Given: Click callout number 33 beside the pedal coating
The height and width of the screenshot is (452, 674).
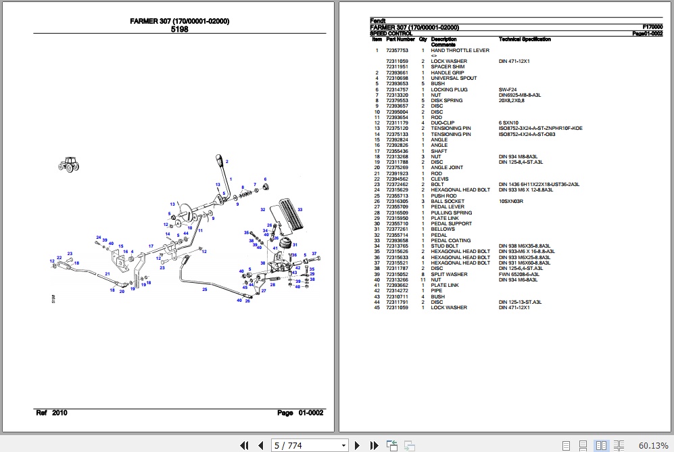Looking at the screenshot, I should tap(299, 210).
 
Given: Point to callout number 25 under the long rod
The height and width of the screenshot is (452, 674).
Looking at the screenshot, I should tap(204, 290).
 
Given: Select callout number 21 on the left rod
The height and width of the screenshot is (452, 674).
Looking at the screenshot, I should tap(107, 274).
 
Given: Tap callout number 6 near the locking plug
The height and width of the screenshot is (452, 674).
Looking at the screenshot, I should tap(265, 179).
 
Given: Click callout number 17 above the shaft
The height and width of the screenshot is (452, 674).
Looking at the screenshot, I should tap(151, 246).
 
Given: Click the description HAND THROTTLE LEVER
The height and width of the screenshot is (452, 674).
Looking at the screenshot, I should tap(460, 50).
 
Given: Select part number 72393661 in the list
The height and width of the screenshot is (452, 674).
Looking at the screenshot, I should tap(397, 72).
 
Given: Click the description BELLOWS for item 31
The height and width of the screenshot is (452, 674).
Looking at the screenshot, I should tap(443, 229).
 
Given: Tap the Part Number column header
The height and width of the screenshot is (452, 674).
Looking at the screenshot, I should tap(400, 39).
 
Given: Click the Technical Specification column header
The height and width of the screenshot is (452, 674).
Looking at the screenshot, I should tap(525, 39).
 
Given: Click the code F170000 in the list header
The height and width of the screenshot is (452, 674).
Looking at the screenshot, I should tap(652, 27).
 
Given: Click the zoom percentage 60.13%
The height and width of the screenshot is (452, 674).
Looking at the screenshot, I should tap(653, 445).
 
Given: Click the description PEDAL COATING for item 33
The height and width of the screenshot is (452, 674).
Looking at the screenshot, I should tap(451, 240).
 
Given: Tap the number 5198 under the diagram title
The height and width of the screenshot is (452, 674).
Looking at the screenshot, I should tap(179, 29).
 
